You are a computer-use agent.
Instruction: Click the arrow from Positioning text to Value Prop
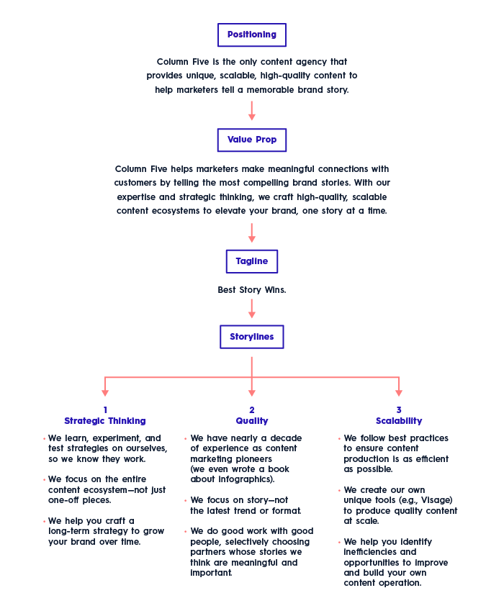click(x=252, y=111)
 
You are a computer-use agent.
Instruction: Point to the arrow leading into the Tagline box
click(x=252, y=232)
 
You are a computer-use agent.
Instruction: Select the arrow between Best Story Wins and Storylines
click(x=252, y=309)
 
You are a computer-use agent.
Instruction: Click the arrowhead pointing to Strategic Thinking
click(x=105, y=393)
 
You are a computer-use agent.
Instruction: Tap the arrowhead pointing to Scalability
click(x=399, y=393)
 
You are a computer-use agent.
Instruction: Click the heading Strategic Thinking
click(x=105, y=421)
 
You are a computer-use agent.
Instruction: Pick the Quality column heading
click(x=252, y=421)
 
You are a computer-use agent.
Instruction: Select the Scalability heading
click(x=399, y=421)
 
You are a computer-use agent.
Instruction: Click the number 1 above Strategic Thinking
click(x=105, y=410)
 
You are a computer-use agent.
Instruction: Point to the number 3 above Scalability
click(x=399, y=410)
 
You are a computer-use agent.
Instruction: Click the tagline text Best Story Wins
click(x=252, y=290)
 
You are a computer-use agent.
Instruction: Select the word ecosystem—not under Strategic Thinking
click(x=115, y=490)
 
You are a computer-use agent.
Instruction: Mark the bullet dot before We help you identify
click(x=340, y=543)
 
